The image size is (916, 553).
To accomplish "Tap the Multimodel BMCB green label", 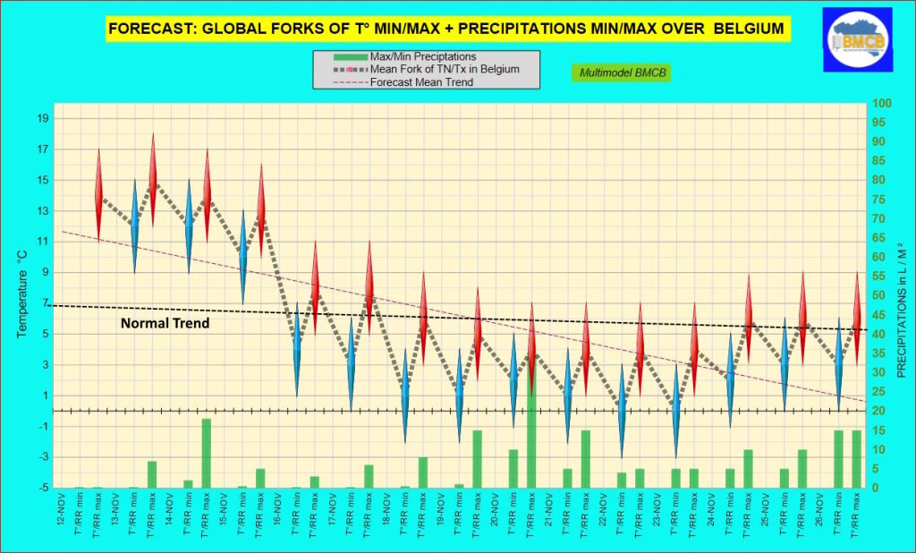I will point(620,72).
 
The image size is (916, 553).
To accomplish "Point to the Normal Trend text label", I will point(165,323).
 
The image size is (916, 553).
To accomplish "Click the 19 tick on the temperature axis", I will point(43,119).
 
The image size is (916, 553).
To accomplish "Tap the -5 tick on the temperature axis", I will point(43,489).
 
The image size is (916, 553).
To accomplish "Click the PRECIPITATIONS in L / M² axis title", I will point(901,296).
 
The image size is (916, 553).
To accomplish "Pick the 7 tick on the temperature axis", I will point(43,303).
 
